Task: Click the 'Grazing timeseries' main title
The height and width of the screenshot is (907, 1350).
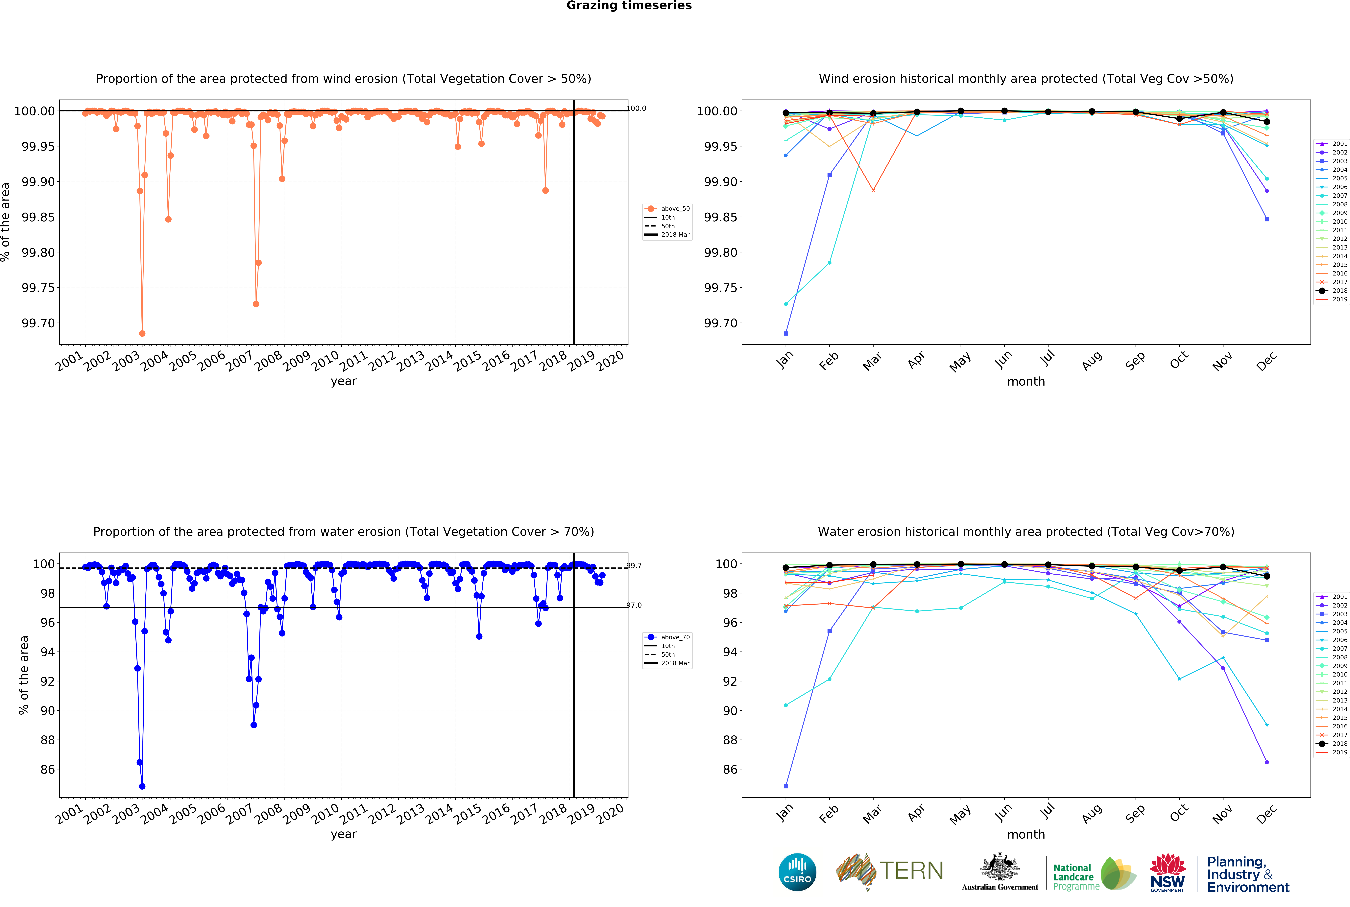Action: coord(629,6)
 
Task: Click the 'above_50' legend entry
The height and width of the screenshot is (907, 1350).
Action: coord(675,209)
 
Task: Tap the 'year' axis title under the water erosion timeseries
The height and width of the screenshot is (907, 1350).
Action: coord(344,834)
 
